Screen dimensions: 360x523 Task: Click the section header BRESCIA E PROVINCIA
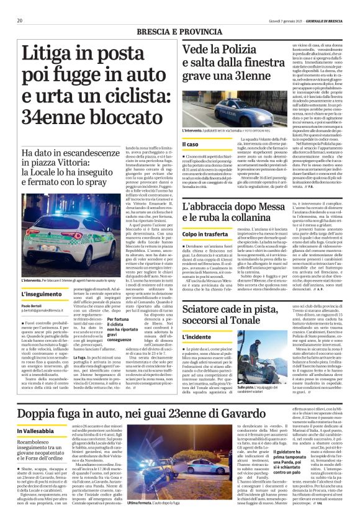(179, 30)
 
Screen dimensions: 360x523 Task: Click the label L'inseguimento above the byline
(36, 295)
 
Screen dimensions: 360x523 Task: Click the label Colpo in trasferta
(203, 233)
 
